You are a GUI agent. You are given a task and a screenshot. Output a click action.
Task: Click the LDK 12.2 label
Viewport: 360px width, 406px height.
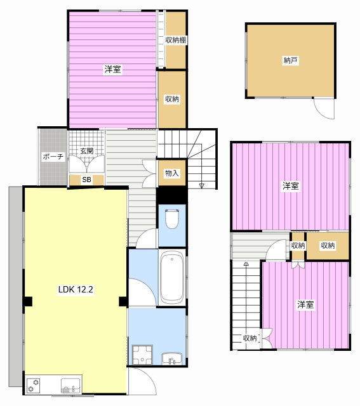76,289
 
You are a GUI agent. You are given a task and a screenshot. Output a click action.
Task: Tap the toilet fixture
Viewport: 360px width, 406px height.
172,218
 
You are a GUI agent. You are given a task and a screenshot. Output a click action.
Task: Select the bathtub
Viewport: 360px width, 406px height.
172,277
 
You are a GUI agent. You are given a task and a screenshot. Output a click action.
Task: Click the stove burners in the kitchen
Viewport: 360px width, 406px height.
33,386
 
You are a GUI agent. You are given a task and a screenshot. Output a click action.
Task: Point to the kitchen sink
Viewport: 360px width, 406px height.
70,386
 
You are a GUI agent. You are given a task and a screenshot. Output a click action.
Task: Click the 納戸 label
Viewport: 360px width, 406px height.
290,60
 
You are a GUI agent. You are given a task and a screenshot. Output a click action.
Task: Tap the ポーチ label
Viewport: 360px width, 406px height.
53,157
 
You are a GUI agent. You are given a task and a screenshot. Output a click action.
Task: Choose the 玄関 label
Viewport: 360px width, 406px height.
86,151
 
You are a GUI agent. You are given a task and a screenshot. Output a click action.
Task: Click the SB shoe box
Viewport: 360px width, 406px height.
86,180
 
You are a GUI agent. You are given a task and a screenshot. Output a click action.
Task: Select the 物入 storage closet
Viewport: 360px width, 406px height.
172,173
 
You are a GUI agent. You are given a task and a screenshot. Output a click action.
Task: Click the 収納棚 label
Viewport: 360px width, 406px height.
176,40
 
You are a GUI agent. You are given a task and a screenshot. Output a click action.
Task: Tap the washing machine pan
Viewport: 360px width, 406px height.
142,355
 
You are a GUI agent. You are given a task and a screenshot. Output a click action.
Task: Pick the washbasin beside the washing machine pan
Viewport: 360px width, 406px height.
172,358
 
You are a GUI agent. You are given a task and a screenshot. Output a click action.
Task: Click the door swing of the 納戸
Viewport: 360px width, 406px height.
324,108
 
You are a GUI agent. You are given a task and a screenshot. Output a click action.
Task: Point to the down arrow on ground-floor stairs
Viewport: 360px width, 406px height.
202,186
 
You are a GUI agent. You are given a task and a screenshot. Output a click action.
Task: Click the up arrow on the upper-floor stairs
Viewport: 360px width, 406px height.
246,264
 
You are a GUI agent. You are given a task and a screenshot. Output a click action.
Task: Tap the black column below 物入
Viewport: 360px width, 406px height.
172,195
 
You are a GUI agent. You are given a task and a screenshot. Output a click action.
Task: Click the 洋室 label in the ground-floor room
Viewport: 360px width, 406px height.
112,69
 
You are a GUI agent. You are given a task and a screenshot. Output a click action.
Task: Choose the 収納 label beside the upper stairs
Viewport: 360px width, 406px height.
250,337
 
